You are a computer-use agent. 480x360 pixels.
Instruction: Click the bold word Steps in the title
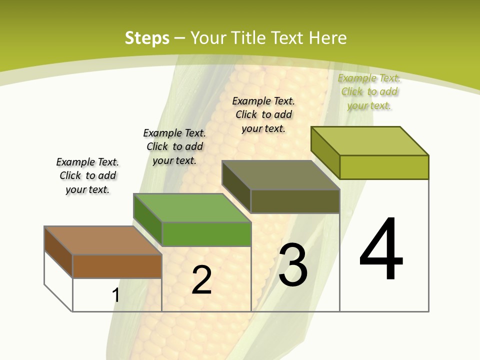(x=147, y=38)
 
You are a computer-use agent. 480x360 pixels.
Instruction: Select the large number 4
(x=381, y=249)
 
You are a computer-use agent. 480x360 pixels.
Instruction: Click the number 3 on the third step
(x=293, y=264)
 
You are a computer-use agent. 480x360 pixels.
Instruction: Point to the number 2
(x=202, y=280)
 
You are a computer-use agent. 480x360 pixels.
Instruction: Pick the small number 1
(x=116, y=295)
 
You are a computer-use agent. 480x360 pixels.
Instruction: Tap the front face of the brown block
(x=117, y=266)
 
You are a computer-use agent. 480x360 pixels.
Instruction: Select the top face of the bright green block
(x=192, y=207)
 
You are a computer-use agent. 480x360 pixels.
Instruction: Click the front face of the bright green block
(x=206, y=234)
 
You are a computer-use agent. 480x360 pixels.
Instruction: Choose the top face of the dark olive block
(x=280, y=175)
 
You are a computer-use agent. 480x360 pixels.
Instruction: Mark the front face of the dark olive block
(x=295, y=201)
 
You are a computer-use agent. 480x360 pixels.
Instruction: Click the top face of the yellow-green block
(x=370, y=141)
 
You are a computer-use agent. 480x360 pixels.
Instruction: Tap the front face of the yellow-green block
(x=384, y=167)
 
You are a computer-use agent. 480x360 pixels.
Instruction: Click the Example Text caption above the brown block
(x=87, y=175)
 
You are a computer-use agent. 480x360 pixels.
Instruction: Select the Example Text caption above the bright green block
(x=174, y=146)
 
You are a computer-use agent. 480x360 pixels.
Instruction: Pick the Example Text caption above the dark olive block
(x=263, y=114)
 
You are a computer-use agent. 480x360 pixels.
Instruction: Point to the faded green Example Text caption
(x=369, y=91)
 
